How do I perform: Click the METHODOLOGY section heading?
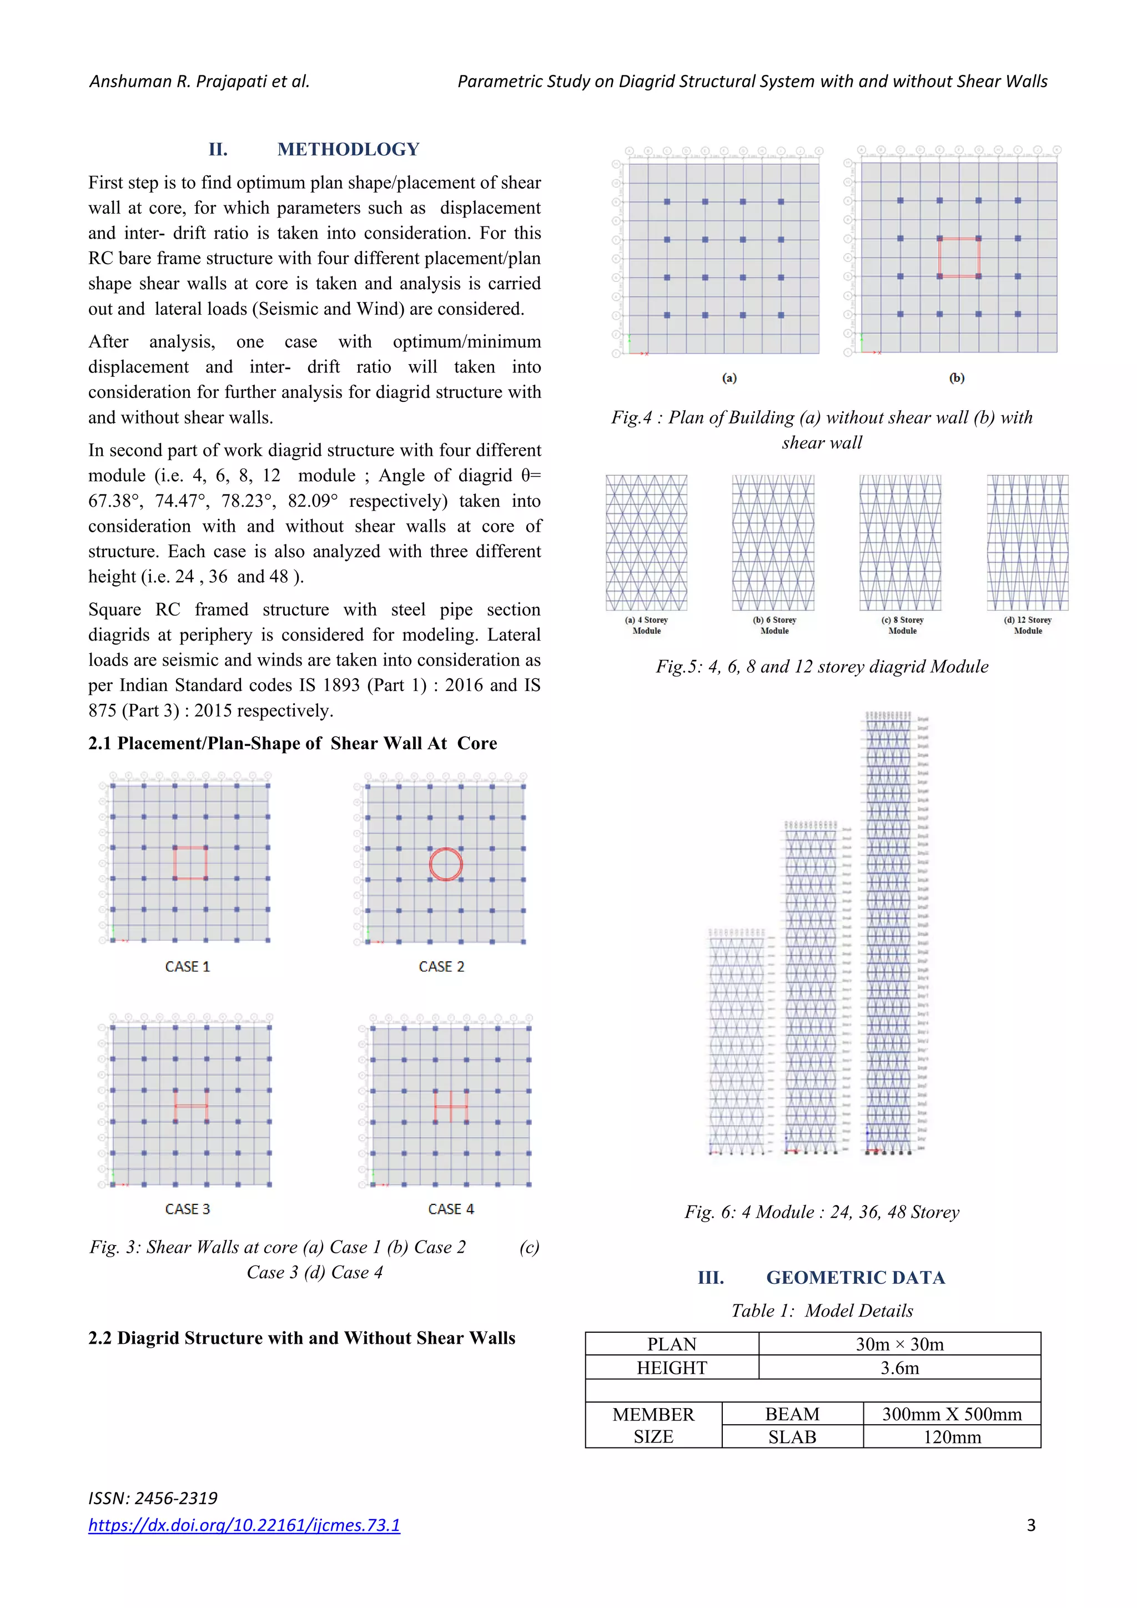click(x=348, y=149)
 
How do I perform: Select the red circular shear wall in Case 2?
click(x=446, y=864)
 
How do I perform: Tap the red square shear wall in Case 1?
click(x=190, y=863)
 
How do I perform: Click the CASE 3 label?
click(x=187, y=1209)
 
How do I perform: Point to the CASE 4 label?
click(x=450, y=1209)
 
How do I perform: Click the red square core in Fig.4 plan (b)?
click(x=958, y=258)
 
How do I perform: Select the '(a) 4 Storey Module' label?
click(x=646, y=624)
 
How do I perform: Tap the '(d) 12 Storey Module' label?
click(x=1028, y=624)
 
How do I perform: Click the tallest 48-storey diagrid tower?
click(x=888, y=931)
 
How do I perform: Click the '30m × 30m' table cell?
click(x=899, y=1344)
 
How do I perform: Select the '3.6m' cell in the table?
click(x=899, y=1368)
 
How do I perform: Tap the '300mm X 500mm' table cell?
click(x=952, y=1414)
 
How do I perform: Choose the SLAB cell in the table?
click(x=792, y=1437)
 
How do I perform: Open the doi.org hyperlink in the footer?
click(x=244, y=1525)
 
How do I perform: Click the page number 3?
click(x=1030, y=1525)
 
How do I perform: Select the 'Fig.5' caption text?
click(x=821, y=666)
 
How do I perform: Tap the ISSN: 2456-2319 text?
click(x=153, y=1498)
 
